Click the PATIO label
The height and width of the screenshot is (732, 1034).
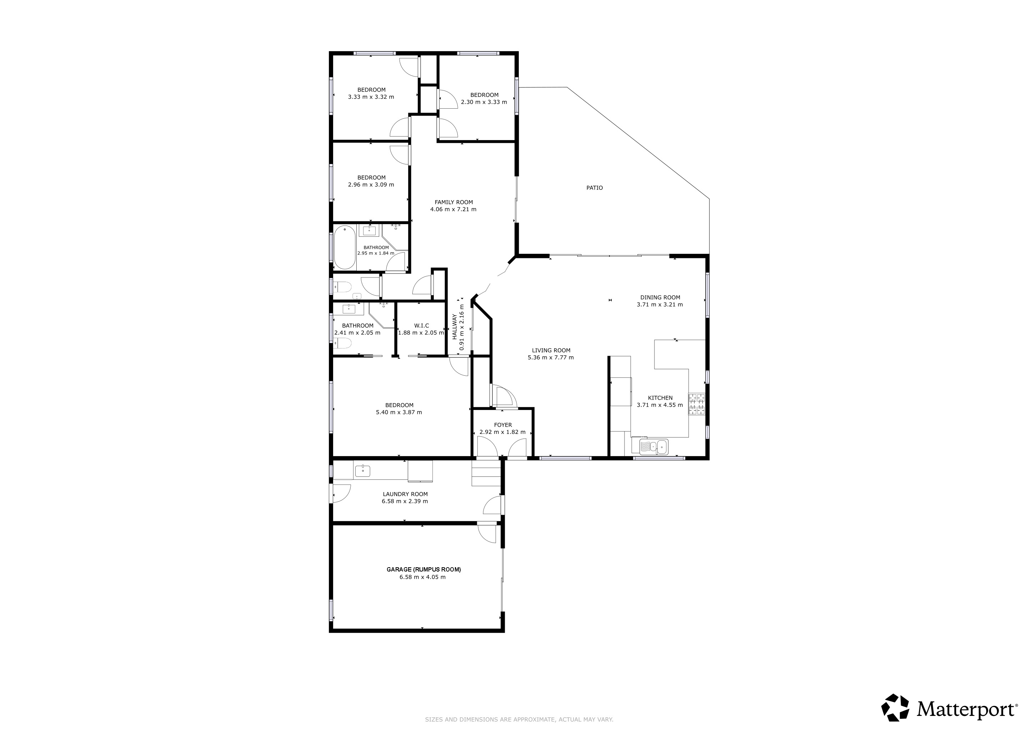tap(594, 188)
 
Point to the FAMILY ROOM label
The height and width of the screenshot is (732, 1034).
tap(453, 202)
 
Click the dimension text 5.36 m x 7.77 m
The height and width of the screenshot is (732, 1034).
tap(551, 357)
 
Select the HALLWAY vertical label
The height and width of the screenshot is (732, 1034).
tap(455, 327)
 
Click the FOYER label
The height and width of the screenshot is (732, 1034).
tap(503, 425)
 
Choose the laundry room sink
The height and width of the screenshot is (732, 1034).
tap(362, 471)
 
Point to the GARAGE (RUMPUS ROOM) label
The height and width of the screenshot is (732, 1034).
tap(424, 569)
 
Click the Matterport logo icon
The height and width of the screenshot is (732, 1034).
tap(895, 707)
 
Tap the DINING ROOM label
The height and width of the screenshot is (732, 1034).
tap(660, 297)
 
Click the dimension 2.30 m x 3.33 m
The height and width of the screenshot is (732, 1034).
tap(484, 102)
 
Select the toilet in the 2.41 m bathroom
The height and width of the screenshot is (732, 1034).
tap(343, 344)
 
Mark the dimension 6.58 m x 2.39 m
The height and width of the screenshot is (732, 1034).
tap(405, 501)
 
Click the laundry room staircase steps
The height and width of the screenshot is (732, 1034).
tap(486, 473)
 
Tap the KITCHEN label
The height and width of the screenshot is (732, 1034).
tap(660, 398)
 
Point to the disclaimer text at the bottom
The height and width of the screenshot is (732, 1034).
tap(519, 720)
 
